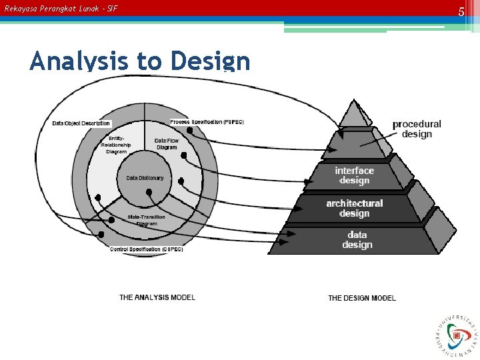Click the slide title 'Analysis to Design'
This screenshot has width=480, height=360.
(140, 61)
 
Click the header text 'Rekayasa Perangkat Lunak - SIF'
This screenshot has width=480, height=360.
(61, 9)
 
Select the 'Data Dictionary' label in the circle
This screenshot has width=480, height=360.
(145, 178)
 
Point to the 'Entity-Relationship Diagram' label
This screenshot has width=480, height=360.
(116, 145)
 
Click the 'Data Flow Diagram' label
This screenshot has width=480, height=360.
(166, 144)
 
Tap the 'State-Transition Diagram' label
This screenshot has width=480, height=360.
(146, 220)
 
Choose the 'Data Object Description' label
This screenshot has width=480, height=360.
(81, 123)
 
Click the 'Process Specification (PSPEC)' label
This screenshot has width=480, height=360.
(206, 122)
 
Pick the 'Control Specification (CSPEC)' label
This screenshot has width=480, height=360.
(146, 249)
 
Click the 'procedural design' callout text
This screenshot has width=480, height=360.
(417, 129)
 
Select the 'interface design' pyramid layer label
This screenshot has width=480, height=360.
(355, 175)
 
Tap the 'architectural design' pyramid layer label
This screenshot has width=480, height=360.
(355, 208)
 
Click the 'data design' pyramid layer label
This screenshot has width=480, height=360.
(357, 239)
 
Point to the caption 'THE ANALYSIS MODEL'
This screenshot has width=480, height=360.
(157, 297)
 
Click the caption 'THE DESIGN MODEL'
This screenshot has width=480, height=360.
(362, 298)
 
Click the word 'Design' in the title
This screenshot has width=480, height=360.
(210, 61)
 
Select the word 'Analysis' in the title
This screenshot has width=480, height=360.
(80, 61)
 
